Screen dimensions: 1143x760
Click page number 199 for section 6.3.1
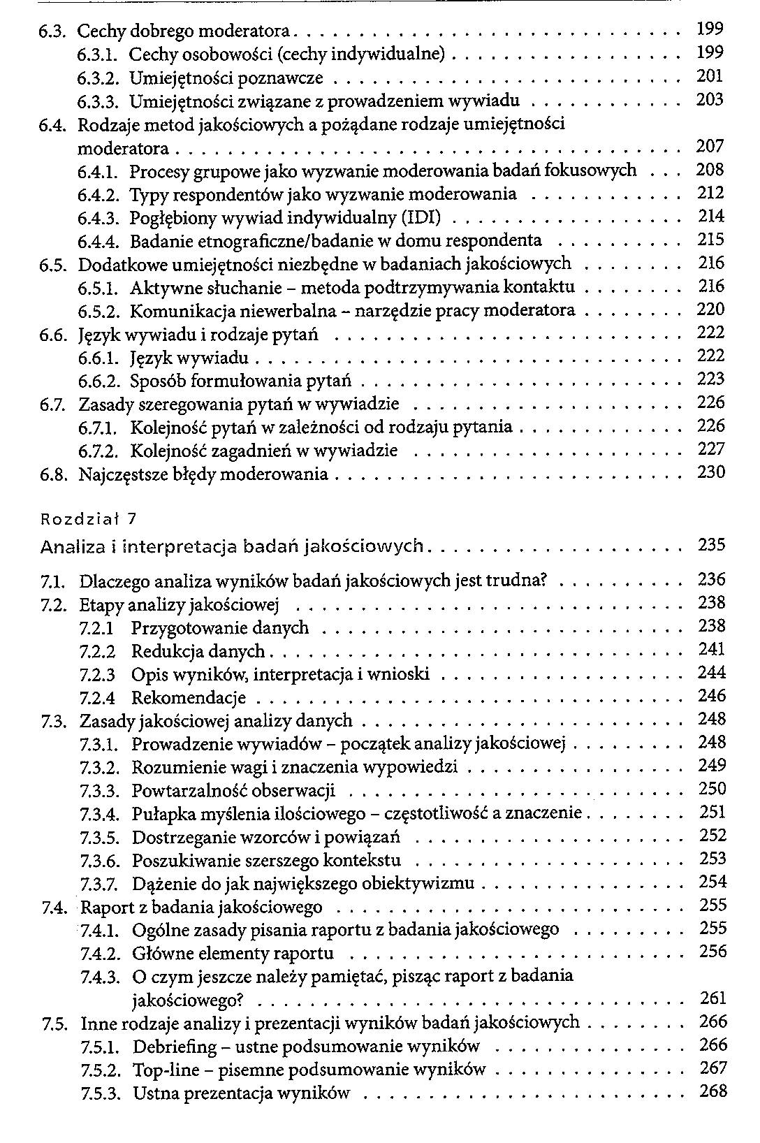[710, 52]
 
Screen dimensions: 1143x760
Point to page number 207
[710, 147]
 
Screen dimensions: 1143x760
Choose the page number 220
[712, 310]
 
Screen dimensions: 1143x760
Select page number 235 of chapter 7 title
[712, 545]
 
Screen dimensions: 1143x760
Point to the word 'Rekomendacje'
[189, 698]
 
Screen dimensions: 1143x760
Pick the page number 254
[712, 882]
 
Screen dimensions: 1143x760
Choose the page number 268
[712, 1091]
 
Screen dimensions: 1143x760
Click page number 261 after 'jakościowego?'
[712, 998]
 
